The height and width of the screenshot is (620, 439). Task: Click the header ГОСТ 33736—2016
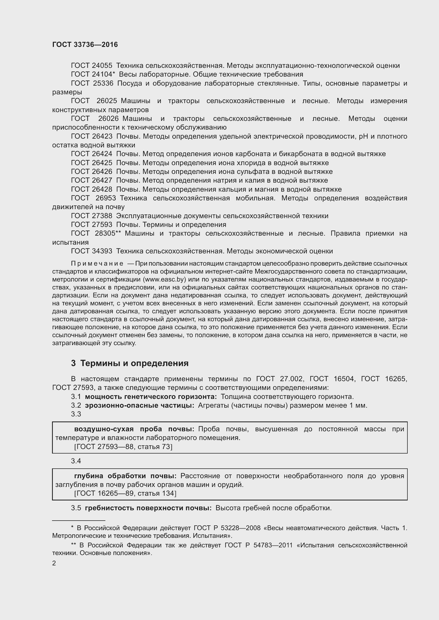(85, 45)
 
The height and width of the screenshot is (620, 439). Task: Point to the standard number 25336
(103, 83)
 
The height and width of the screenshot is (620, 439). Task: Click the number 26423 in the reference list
(102, 136)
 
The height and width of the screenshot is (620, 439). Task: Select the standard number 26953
(106, 198)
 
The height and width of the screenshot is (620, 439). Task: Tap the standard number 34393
(102, 251)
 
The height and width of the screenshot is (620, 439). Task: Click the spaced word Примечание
(97, 263)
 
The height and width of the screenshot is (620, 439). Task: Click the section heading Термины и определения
(134, 363)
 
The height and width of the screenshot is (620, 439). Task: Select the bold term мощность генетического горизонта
(151, 397)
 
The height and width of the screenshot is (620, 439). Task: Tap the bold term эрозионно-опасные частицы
(140, 405)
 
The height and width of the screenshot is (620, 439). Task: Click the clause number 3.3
(76, 414)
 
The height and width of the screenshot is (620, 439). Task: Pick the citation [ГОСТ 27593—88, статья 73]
(123, 447)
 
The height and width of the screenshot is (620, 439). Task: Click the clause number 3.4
(76, 461)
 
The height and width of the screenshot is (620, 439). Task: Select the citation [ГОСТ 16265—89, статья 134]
(125, 493)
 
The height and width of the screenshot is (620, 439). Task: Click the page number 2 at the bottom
(54, 563)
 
